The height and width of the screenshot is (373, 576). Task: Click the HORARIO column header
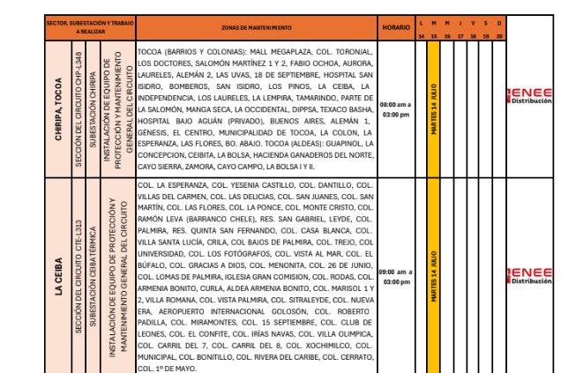tap(395, 27)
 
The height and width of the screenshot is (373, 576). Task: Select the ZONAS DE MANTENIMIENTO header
tap(256, 27)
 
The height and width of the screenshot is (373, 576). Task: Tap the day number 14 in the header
tap(421, 35)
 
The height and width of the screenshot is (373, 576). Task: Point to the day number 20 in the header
tap(500, 35)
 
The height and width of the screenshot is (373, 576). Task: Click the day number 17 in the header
tap(460, 35)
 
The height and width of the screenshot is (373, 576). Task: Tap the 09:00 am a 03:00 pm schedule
tap(395, 277)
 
